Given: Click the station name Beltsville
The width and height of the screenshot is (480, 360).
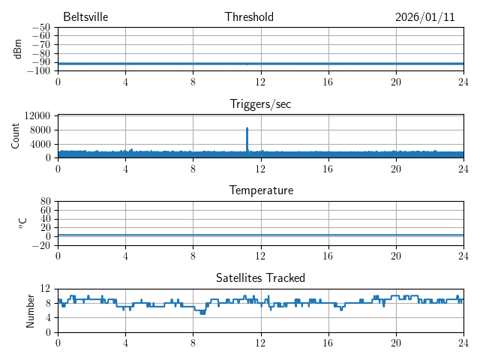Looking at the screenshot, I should [x=85, y=17].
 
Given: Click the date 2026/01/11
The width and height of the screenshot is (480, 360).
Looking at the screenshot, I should [x=425, y=17].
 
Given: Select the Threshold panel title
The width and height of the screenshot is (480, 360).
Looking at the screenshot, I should [x=249, y=17].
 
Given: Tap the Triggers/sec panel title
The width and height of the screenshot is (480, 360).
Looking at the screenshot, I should [x=260, y=104].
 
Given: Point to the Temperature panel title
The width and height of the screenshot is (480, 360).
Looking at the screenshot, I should [x=260, y=190].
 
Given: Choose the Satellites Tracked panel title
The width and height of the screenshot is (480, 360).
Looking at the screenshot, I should [x=260, y=277].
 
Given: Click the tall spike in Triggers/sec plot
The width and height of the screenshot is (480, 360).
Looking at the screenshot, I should [x=247, y=131].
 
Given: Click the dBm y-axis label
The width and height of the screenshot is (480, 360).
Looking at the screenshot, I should [x=18, y=49].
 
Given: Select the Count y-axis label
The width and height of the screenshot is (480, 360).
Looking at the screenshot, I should [x=16, y=136].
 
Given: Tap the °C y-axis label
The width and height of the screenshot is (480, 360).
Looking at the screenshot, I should [x=22, y=223].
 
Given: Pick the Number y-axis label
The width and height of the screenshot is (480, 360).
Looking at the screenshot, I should [x=31, y=310].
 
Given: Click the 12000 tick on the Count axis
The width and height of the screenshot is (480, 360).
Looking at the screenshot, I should [x=37, y=116].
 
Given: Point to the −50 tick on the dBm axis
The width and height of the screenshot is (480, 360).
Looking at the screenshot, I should [x=41, y=28].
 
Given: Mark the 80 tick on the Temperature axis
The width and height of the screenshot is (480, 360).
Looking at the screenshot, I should [x=46, y=202].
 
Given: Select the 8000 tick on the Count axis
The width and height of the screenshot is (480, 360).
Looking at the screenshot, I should [x=39, y=130].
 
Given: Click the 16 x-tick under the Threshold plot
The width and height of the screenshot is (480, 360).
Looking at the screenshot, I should [x=328, y=82].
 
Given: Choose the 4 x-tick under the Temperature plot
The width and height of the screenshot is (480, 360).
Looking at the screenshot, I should [x=125, y=256].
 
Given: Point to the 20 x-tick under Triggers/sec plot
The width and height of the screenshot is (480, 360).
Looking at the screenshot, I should [x=395, y=169].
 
